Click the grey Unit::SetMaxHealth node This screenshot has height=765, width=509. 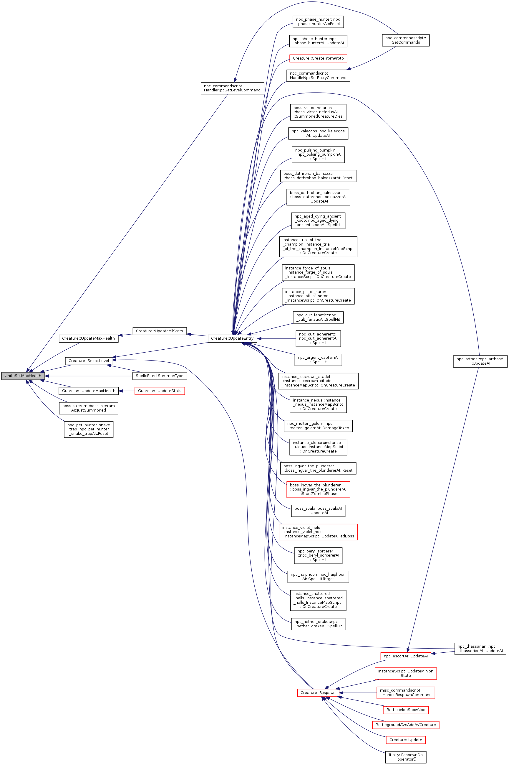coord(23,376)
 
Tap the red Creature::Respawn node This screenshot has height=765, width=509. coord(318,692)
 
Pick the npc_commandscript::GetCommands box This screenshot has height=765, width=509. coord(405,40)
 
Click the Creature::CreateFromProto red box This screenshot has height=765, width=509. coord(318,58)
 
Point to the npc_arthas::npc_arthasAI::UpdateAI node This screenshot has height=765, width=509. coord(480,361)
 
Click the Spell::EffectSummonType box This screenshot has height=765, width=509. coord(159,376)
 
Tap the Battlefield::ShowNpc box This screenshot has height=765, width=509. coord(405,710)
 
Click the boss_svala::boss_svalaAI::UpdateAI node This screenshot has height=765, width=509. coord(318,511)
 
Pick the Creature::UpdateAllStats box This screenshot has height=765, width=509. coord(159,331)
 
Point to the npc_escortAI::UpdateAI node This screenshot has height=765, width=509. coord(405,656)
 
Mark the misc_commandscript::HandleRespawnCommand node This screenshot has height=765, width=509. coord(405,692)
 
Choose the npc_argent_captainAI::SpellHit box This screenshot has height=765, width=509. coord(318,360)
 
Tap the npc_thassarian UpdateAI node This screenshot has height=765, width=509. coord(480,649)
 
